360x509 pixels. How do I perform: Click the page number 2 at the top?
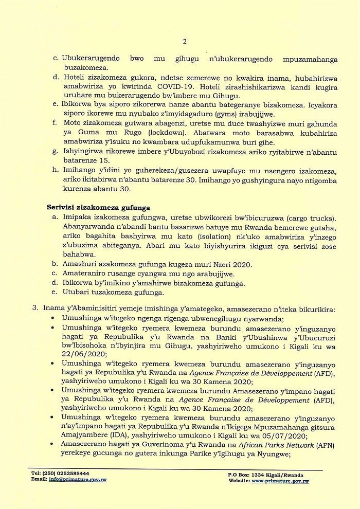pos(184,42)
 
